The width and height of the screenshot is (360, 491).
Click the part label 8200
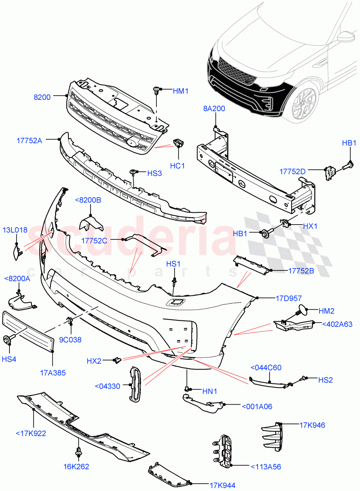42,97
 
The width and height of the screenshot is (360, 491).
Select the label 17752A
29,140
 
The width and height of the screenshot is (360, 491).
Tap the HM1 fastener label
180,91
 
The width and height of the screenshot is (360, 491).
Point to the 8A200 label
214,109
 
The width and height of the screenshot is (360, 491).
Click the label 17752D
292,171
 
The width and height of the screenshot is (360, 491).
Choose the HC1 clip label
177,166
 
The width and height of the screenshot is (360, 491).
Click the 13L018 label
16,230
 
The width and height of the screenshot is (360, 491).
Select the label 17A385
53,373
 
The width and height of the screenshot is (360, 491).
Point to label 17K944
222,486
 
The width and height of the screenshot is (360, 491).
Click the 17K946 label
312,426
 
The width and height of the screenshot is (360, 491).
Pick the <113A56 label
265,466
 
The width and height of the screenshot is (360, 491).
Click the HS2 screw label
326,380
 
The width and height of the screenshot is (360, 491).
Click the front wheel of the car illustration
304,102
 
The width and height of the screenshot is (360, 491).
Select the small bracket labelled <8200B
91,221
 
